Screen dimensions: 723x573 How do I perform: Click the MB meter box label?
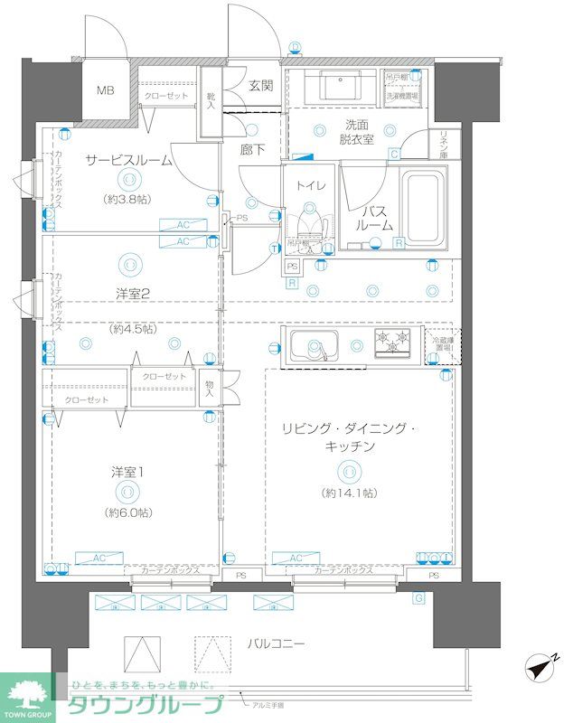(x=107, y=90)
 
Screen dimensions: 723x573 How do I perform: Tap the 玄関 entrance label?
(x=260, y=87)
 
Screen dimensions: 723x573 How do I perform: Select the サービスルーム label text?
(x=128, y=160)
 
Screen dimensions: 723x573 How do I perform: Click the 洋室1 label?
(x=127, y=472)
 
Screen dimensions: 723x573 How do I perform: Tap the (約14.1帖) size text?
(x=348, y=493)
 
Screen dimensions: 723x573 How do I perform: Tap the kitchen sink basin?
(x=314, y=344)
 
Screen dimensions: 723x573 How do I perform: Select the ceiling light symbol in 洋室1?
(x=127, y=493)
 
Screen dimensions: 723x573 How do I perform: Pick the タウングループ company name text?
(x=145, y=706)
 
